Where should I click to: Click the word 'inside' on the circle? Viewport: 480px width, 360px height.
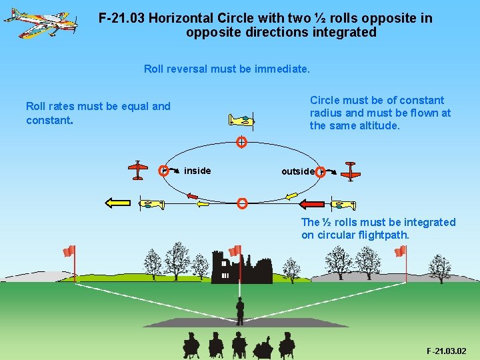tap(197, 171)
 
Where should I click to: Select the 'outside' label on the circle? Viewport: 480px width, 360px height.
tap(297, 171)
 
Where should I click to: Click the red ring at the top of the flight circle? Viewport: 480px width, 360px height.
tap(242, 141)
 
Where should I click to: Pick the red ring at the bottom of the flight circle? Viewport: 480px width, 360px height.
tap(243, 203)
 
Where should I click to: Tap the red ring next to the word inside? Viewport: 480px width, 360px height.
tap(163, 171)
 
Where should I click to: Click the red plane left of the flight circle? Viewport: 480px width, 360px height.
tap(137, 170)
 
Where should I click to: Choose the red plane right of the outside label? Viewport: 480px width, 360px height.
tap(351, 171)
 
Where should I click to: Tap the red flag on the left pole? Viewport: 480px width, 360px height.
tap(68, 251)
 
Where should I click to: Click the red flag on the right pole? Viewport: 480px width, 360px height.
tap(400, 251)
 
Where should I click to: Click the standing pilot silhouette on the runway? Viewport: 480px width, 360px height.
tap(240, 311)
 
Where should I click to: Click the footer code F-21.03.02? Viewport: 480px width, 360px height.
tap(446, 351)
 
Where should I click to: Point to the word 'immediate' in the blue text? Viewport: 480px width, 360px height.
tap(281, 69)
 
